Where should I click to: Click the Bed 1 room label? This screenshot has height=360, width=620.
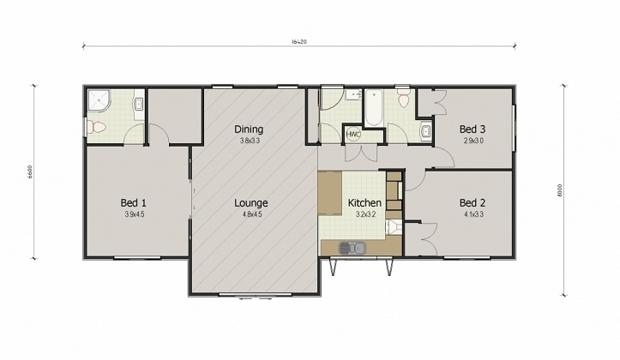[x=133, y=203]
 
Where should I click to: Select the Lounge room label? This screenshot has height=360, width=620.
[x=252, y=203]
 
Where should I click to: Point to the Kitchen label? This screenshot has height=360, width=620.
[x=364, y=203]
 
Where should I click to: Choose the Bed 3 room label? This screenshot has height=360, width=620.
[x=473, y=129]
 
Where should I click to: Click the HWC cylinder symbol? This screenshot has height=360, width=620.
[x=352, y=135]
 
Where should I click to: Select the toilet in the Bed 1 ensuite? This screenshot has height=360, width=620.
[x=96, y=128]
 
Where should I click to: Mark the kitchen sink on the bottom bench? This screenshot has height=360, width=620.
[x=351, y=248]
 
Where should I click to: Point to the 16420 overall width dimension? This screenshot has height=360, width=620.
[x=299, y=42]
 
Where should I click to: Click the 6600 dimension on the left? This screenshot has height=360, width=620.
[x=31, y=171]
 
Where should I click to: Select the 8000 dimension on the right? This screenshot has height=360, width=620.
[x=560, y=191]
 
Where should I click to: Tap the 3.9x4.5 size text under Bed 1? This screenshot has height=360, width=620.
[x=133, y=215]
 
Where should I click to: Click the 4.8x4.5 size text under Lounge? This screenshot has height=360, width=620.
[x=252, y=215]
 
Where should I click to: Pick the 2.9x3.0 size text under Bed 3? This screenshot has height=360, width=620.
[x=473, y=141]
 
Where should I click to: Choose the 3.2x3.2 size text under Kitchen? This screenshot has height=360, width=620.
[x=364, y=215]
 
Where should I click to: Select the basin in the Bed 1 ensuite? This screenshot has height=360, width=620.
[x=138, y=105]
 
